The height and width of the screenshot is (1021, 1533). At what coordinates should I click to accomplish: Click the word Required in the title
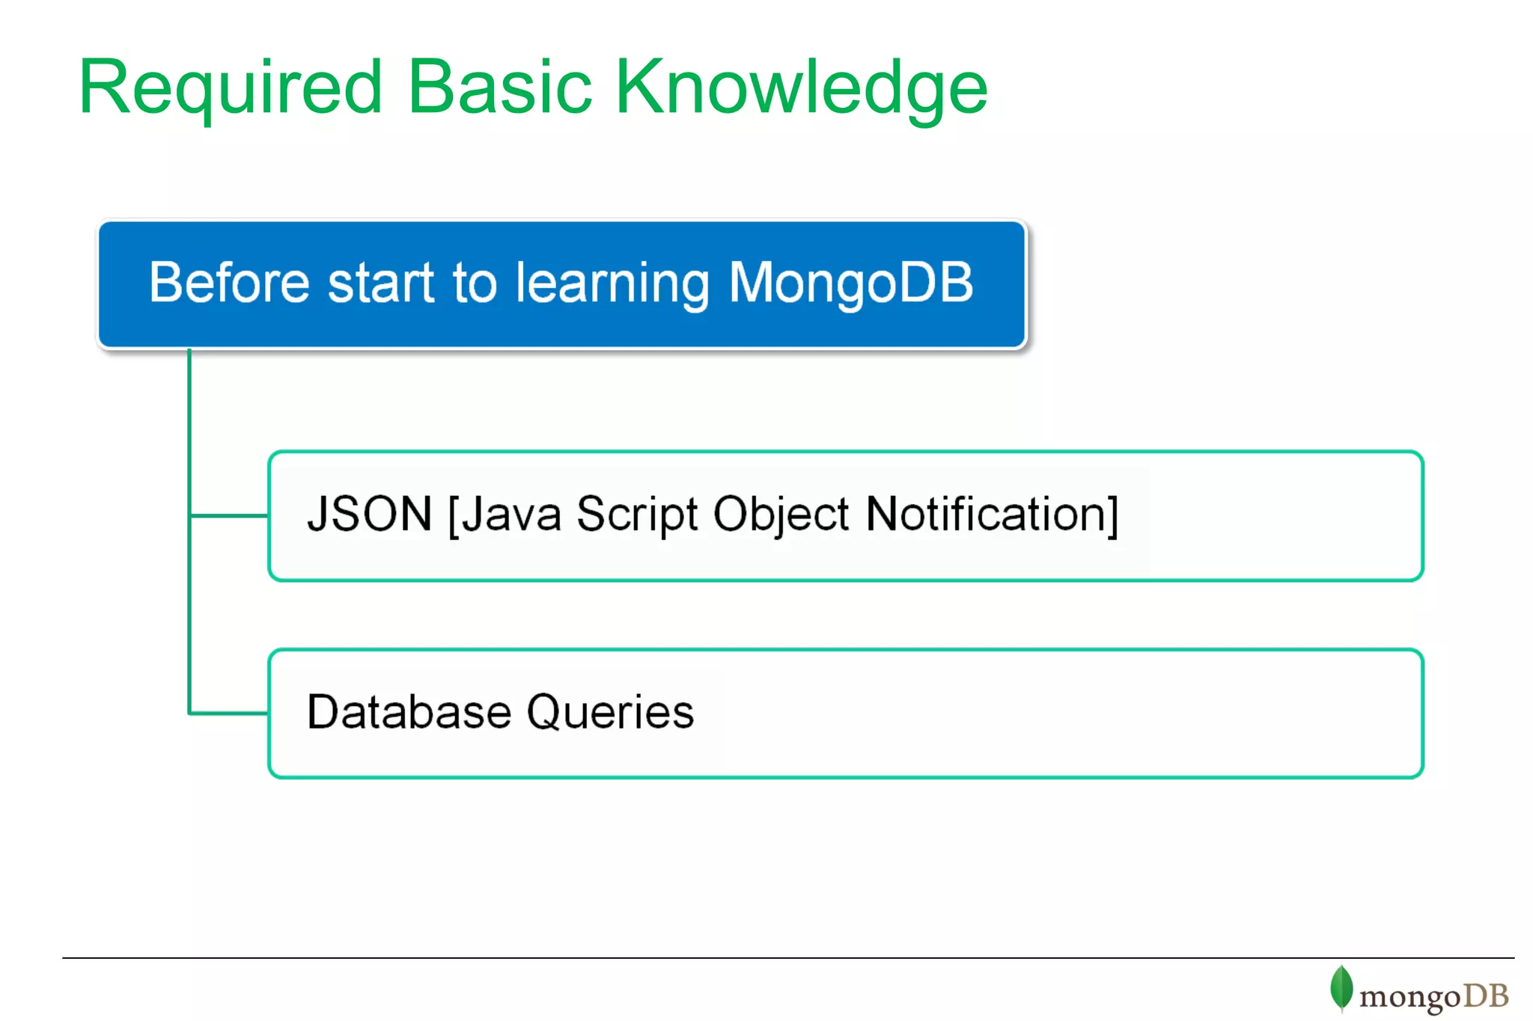click(231, 88)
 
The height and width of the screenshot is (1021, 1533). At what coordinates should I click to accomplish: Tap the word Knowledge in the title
click(801, 88)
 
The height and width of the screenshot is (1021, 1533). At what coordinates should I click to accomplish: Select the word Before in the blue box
click(228, 283)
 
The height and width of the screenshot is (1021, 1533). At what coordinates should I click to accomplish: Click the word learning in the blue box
click(612, 284)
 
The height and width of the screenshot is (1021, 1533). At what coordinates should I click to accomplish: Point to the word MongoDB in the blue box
click(850, 283)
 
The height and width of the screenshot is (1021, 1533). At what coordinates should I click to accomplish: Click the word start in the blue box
click(382, 283)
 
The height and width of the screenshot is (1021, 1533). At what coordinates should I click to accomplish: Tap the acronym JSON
click(370, 514)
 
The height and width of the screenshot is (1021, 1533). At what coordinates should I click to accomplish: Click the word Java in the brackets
click(511, 515)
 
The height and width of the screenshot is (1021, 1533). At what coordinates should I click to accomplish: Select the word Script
click(637, 515)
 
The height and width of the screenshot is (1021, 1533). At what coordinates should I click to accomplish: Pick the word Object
click(781, 515)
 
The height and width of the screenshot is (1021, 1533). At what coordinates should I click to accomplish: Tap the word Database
click(409, 711)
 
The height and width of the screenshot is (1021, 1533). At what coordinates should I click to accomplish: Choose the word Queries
click(610, 711)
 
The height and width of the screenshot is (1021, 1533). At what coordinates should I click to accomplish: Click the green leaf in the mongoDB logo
click(1341, 987)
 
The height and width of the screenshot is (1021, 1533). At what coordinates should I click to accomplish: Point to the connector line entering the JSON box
click(229, 515)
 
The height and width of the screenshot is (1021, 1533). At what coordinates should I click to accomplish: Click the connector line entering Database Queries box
click(229, 713)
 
